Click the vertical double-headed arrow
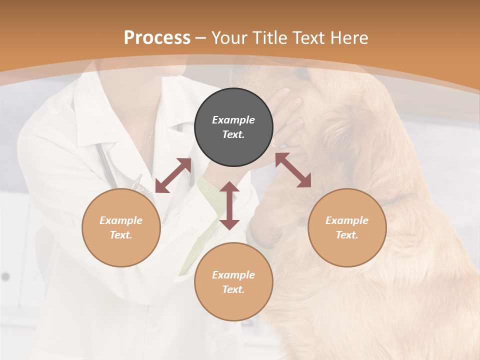click(229, 205)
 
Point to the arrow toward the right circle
click(293, 170)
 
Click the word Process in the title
click(157, 37)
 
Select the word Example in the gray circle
click(233, 120)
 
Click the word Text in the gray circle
click(233, 134)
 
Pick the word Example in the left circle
click(121, 220)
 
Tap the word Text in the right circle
click(346, 235)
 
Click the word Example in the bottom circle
click(233, 275)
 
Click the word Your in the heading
click(230, 37)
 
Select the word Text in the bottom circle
click(233, 289)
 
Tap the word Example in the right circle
click(347, 220)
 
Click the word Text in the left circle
click(120, 235)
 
